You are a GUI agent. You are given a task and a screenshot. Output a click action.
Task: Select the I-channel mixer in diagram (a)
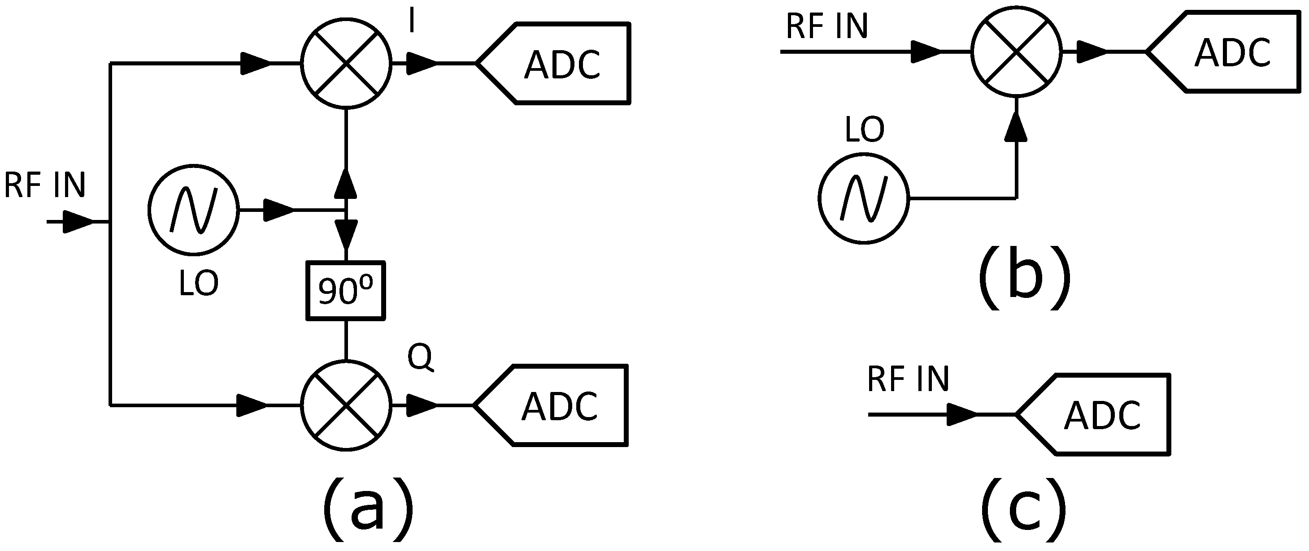coord(346,64)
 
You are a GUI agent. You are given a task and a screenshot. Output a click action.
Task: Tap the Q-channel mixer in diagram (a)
coord(346,405)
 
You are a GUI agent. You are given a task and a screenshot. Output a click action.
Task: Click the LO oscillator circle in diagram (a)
coord(194,210)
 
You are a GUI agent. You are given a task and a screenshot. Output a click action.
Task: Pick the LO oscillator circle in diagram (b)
coord(864,198)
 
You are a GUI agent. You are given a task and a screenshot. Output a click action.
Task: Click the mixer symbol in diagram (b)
coord(1016,51)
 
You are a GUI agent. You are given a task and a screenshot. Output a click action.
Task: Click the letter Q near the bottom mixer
coord(420,357)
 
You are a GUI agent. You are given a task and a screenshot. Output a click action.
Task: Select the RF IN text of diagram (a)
coord(45,185)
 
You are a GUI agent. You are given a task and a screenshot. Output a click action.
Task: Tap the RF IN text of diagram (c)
coord(908,379)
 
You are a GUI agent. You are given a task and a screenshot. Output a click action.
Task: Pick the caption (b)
coord(1024,277)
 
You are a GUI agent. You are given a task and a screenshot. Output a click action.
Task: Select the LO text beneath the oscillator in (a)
coord(199,283)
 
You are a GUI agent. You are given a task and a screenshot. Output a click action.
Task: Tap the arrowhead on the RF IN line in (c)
coord(962,415)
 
